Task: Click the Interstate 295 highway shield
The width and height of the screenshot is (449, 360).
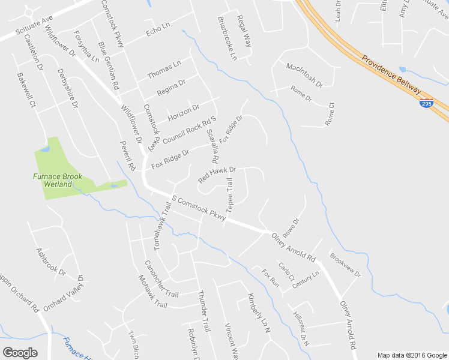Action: tap(426, 103)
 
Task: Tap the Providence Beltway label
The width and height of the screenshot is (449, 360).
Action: tap(391, 75)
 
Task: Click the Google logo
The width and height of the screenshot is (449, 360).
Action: tap(20, 352)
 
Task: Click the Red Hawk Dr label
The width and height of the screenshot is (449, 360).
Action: tap(217, 175)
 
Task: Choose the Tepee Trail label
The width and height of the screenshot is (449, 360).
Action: tap(229, 199)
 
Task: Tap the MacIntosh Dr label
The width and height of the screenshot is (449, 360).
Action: tap(304, 75)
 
